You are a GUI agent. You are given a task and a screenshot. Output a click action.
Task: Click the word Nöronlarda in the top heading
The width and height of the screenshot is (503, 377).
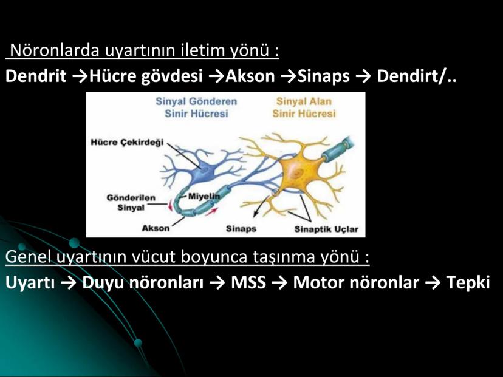[55, 50]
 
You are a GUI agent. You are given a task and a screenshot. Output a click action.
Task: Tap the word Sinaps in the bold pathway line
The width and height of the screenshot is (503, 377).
[323, 76]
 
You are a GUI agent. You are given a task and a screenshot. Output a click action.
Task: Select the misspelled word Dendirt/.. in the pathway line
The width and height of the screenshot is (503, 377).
[416, 76]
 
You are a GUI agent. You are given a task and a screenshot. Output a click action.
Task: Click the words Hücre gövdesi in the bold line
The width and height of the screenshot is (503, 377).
[146, 76]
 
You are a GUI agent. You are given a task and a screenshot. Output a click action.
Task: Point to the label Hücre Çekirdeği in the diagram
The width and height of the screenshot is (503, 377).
[127, 142]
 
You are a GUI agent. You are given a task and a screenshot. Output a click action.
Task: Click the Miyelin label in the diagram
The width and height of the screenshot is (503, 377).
[204, 196]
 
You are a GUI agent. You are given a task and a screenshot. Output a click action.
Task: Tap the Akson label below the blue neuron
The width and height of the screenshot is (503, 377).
[156, 228]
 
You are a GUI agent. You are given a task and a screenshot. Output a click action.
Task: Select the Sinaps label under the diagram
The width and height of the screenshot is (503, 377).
[241, 229]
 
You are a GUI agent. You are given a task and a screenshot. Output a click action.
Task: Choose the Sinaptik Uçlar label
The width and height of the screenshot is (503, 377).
[326, 229]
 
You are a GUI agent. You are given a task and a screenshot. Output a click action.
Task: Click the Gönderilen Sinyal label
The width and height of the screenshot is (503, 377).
[131, 203]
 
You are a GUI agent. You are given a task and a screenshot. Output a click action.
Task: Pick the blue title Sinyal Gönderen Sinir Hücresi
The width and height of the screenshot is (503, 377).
[196, 107]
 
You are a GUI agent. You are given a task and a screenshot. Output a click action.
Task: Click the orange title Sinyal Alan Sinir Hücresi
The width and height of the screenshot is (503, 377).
[304, 107]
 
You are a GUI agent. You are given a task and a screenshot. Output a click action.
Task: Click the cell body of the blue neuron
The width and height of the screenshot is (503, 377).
[203, 172]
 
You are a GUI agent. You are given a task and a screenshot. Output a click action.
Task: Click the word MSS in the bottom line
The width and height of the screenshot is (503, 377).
[248, 282]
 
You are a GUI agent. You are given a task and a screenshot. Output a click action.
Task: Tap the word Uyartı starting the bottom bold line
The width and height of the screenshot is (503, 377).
[30, 283]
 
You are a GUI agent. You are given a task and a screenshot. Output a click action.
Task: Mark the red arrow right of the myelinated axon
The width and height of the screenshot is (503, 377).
[211, 211]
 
